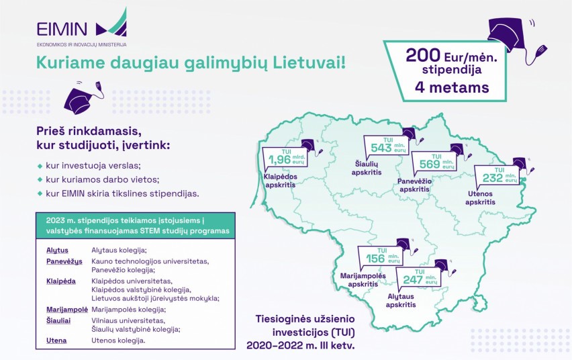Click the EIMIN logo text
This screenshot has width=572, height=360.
pyautogui.click(x=62, y=29)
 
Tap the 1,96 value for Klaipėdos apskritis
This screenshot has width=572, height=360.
pyautogui.click(x=279, y=160)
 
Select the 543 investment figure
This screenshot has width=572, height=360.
pyautogui.click(x=381, y=148)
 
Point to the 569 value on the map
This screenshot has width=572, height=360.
pyautogui.click(x=430, y=164)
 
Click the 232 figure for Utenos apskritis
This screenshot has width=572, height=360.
pyautogui.click(x=493, y=178)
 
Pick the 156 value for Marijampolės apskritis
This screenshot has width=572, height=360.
pyautogui.click(x=375, y=259)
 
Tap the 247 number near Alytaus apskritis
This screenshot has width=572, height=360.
pyautogui.click(x=413, y=279)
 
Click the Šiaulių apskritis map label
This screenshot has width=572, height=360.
pyautogui.click(x=367, y=169)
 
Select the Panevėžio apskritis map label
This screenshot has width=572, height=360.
pyautogui.click(x=414, y=185)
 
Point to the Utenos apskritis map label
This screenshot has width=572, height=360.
pyautogui.click(x=480, y=198)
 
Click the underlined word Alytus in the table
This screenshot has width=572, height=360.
pyautogui.click(x=57, y=251)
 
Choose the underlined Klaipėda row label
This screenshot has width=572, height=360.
pyautogui.click(x=61, y=281)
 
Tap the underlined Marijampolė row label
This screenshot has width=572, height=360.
pyautogui.click(x=67, y=310)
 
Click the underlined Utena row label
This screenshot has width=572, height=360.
pyautogui.click(x=56, y=341)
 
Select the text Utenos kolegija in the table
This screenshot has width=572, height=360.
pyautogui.click(x=118, y=341)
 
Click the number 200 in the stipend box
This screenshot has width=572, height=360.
pyautogui.click(x=423, y=56)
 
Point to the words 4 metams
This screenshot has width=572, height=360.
pyautogui.click(x=452, y=87)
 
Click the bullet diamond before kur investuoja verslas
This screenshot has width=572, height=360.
pyautogui.click(x=40, y=166)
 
